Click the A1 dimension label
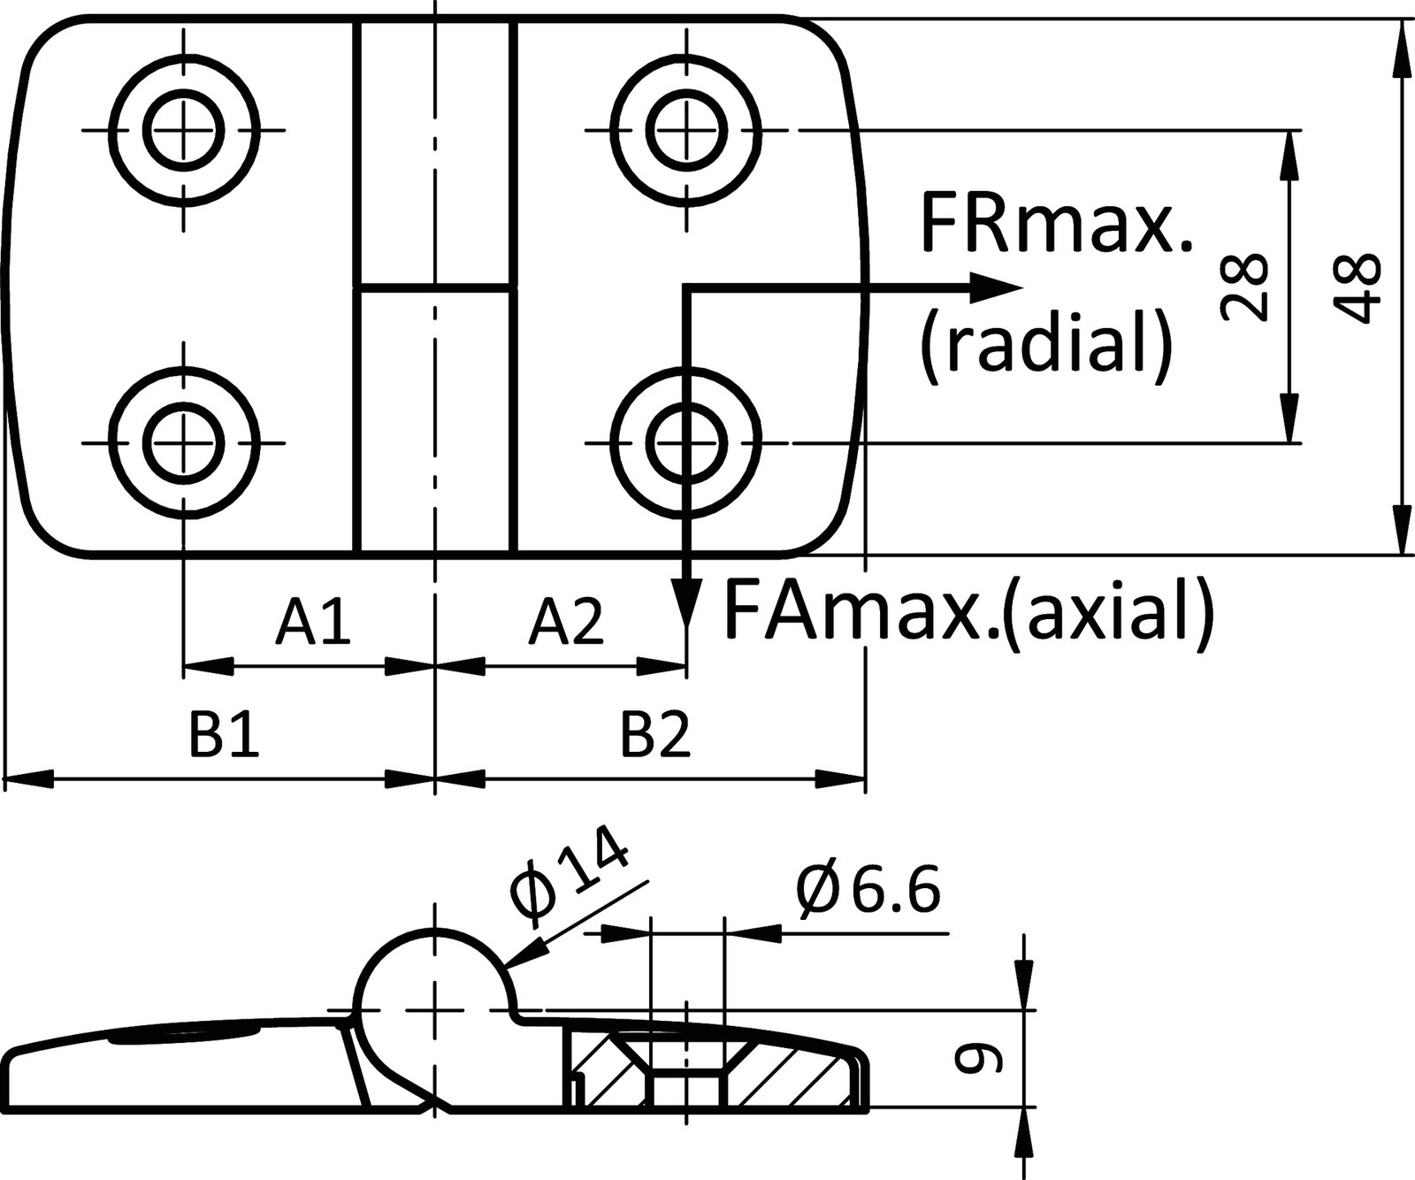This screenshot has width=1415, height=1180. click(312, 622)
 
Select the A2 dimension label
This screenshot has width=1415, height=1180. click(566, 622)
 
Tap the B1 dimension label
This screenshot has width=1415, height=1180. click(224, 736)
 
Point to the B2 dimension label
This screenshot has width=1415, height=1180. click(654, 736)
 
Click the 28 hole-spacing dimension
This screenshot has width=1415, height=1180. click(1244, 286)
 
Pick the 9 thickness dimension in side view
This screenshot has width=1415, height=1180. click(979, 1059)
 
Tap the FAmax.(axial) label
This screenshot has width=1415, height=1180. click(968, 610)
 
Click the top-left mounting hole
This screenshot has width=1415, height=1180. click(185, 131)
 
